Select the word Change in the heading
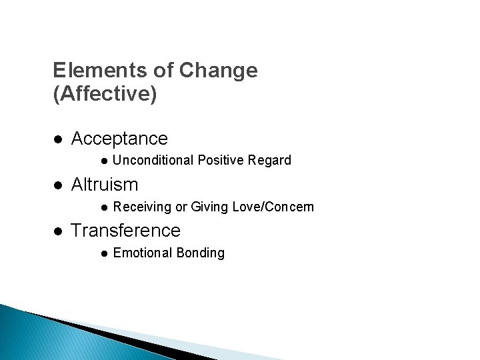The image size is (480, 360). pyautogui.click(x=224, y=70)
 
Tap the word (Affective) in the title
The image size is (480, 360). pyautogui.click(x=105, y=94)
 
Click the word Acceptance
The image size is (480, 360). pyautogui.click(x=119, y=139)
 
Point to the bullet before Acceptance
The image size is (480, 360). pyautogui.click(x=58, y=139)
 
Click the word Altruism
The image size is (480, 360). pyautogui.click(x=105, y=184)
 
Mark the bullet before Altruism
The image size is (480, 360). pyautogui.click(x=58, y=185)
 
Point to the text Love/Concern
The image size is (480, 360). pyautogui.click(x=273, y=207)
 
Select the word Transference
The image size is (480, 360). pyautogui.click(x=125, y=231)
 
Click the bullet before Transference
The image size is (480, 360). pyautogui.click(x=58, y=231)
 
